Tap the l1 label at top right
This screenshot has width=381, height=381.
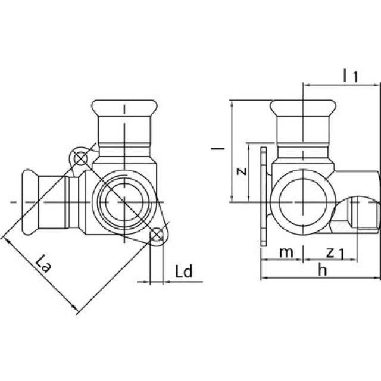350,75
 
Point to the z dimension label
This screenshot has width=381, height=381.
240,171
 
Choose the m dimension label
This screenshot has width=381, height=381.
287,252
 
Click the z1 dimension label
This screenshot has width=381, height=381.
335,253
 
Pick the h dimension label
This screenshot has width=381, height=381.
322,270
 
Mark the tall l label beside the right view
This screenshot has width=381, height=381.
220,146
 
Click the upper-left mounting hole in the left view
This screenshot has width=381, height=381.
79,158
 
